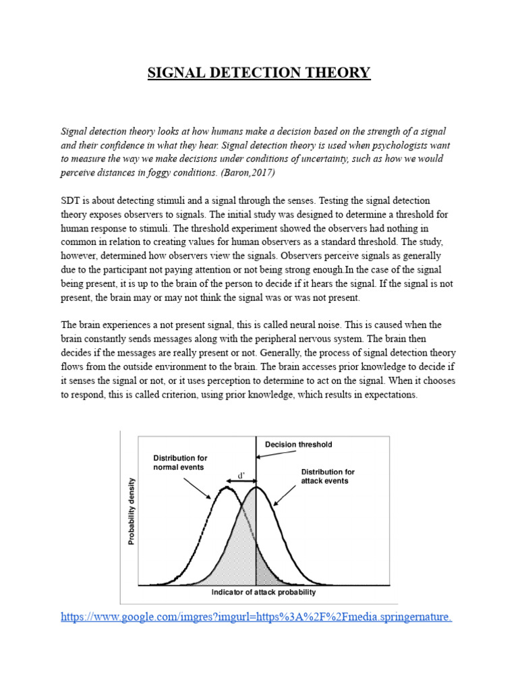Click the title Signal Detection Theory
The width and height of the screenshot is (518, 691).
click(259, 72)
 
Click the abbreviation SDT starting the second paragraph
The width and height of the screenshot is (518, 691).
click(71, 201)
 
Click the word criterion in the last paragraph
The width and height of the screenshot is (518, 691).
click(181, 395)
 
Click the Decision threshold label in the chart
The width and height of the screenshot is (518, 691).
click(298, 445)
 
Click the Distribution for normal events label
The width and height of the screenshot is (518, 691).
click(180, 462)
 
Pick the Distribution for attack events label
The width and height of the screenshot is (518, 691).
click(327, 476)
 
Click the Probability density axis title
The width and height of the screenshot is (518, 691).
click(132, 511)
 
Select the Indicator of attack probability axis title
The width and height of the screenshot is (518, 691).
click(263, 592)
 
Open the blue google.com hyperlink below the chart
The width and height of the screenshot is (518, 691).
click(256, 616)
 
